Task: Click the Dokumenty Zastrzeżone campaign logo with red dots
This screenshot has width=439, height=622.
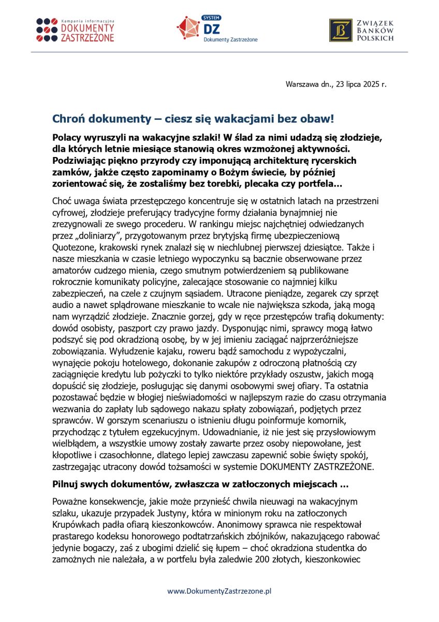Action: [x=75, y=30]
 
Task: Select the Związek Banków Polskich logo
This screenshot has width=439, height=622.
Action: [x=361, y=30]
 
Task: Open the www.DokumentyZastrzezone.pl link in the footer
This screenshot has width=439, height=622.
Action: [x=220, y=590]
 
